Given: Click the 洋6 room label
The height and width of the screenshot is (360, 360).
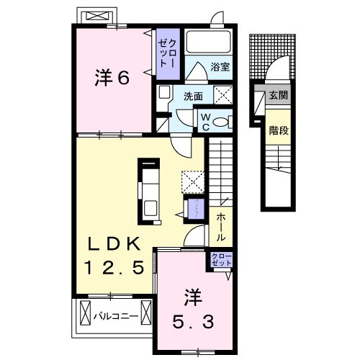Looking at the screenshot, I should click(x=112, y=77).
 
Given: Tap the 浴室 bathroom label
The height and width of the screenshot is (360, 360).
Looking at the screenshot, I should click(x=220, y=68).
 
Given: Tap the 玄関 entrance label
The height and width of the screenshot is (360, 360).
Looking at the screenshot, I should click(x=277, y=94).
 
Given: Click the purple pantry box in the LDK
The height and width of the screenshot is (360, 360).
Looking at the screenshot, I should click(x=194, y=210).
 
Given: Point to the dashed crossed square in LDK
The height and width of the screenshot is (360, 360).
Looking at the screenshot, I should click(x=192, y=179).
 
